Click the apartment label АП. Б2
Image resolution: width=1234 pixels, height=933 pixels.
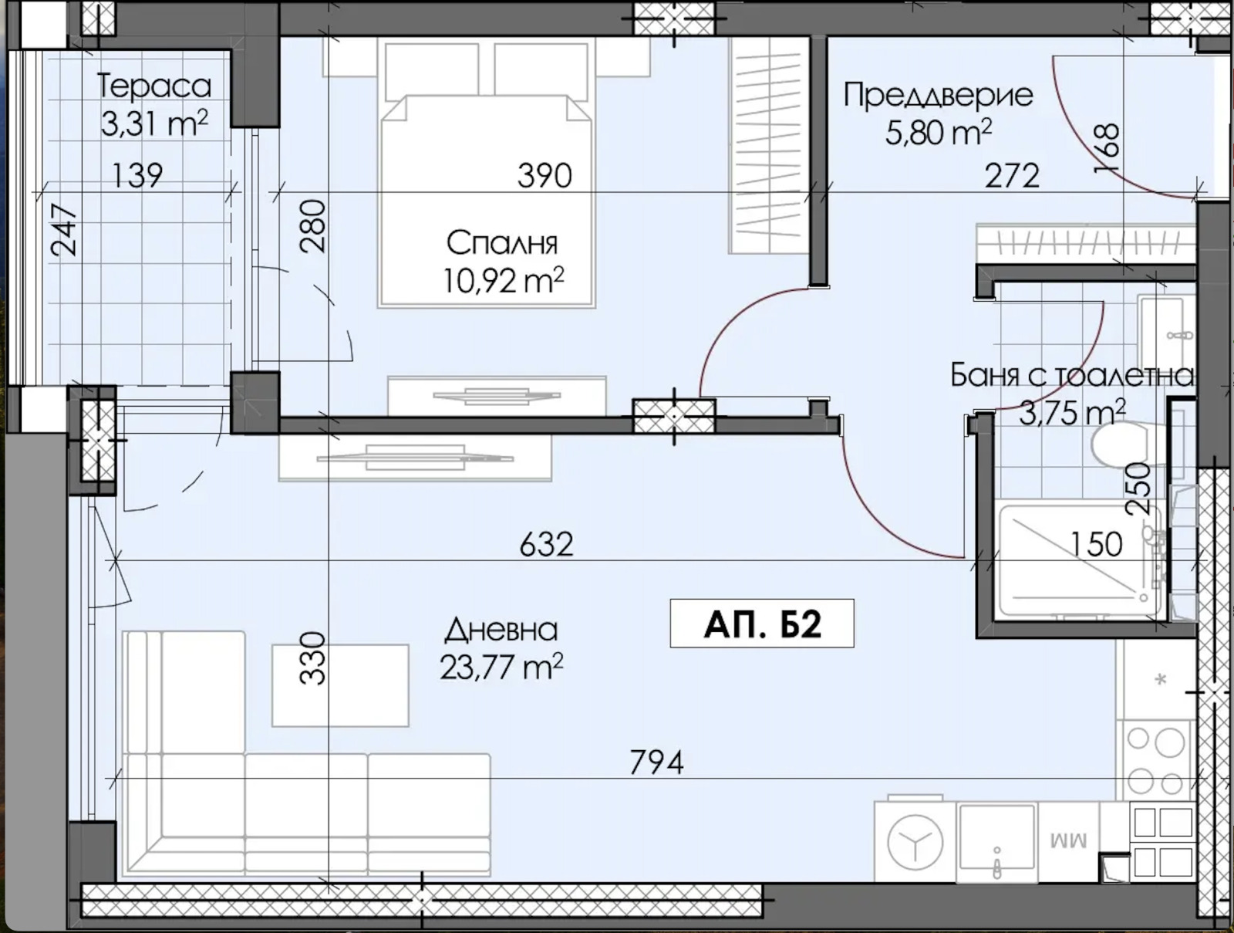tap(762, 624)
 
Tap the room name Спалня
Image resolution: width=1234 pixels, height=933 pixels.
tap(502, 243)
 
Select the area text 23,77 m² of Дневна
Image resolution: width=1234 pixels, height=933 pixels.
tap(501, 667)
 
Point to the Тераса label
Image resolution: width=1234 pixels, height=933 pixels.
tap(154, 86)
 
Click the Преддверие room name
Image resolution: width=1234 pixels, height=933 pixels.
tap(939, 95)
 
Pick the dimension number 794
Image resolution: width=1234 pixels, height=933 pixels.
tap(656, 762)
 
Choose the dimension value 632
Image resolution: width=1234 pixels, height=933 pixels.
tap(547, 544)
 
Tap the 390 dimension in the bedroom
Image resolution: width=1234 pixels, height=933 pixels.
tap(545, 175)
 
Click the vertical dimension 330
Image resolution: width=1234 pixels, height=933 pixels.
tap(313, 658)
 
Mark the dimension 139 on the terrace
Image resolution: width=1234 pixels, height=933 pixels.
tap(138, 175)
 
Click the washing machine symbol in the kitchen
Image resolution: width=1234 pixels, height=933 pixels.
tap(915, 843)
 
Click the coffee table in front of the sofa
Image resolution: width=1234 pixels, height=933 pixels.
tap(340, 685)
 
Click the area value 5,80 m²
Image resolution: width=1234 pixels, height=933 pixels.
tap(939, 133)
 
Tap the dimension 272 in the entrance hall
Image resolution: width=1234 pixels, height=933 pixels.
tap(1012, 175)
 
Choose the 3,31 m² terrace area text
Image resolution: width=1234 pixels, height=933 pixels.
tap(154, 123)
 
